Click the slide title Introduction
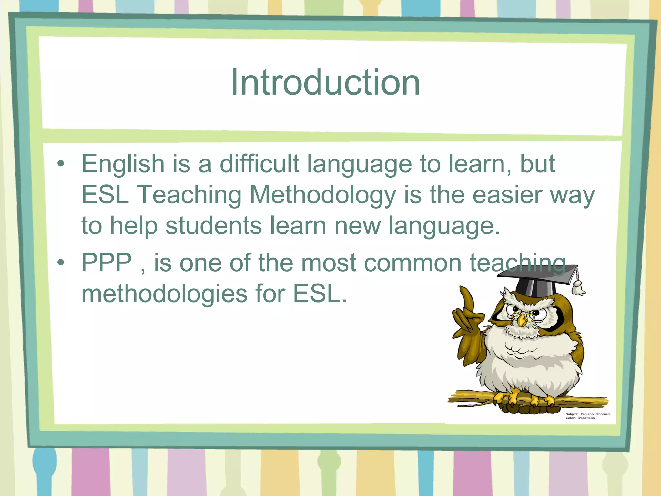pyautogui.click(x=325, y=82)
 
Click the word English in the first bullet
pyautogui.click(x=123, y=164)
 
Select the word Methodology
pyautogui.click(x=322, y=195)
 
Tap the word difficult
pyautogui.click(x=259, y=163)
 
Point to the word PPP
pyautogui.click(x=107, y=263)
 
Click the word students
pyautogui.click(x=213, y=226)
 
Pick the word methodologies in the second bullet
pyautogui.click(x=164, y=294)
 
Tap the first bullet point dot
pyautogui.click(x=61, y=164)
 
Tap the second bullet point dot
pyautogui.click(x=61, y=263)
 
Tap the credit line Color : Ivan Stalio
pyautogui.click(x=580, y=418)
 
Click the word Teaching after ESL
pyautogui.click(x=189, y=195)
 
